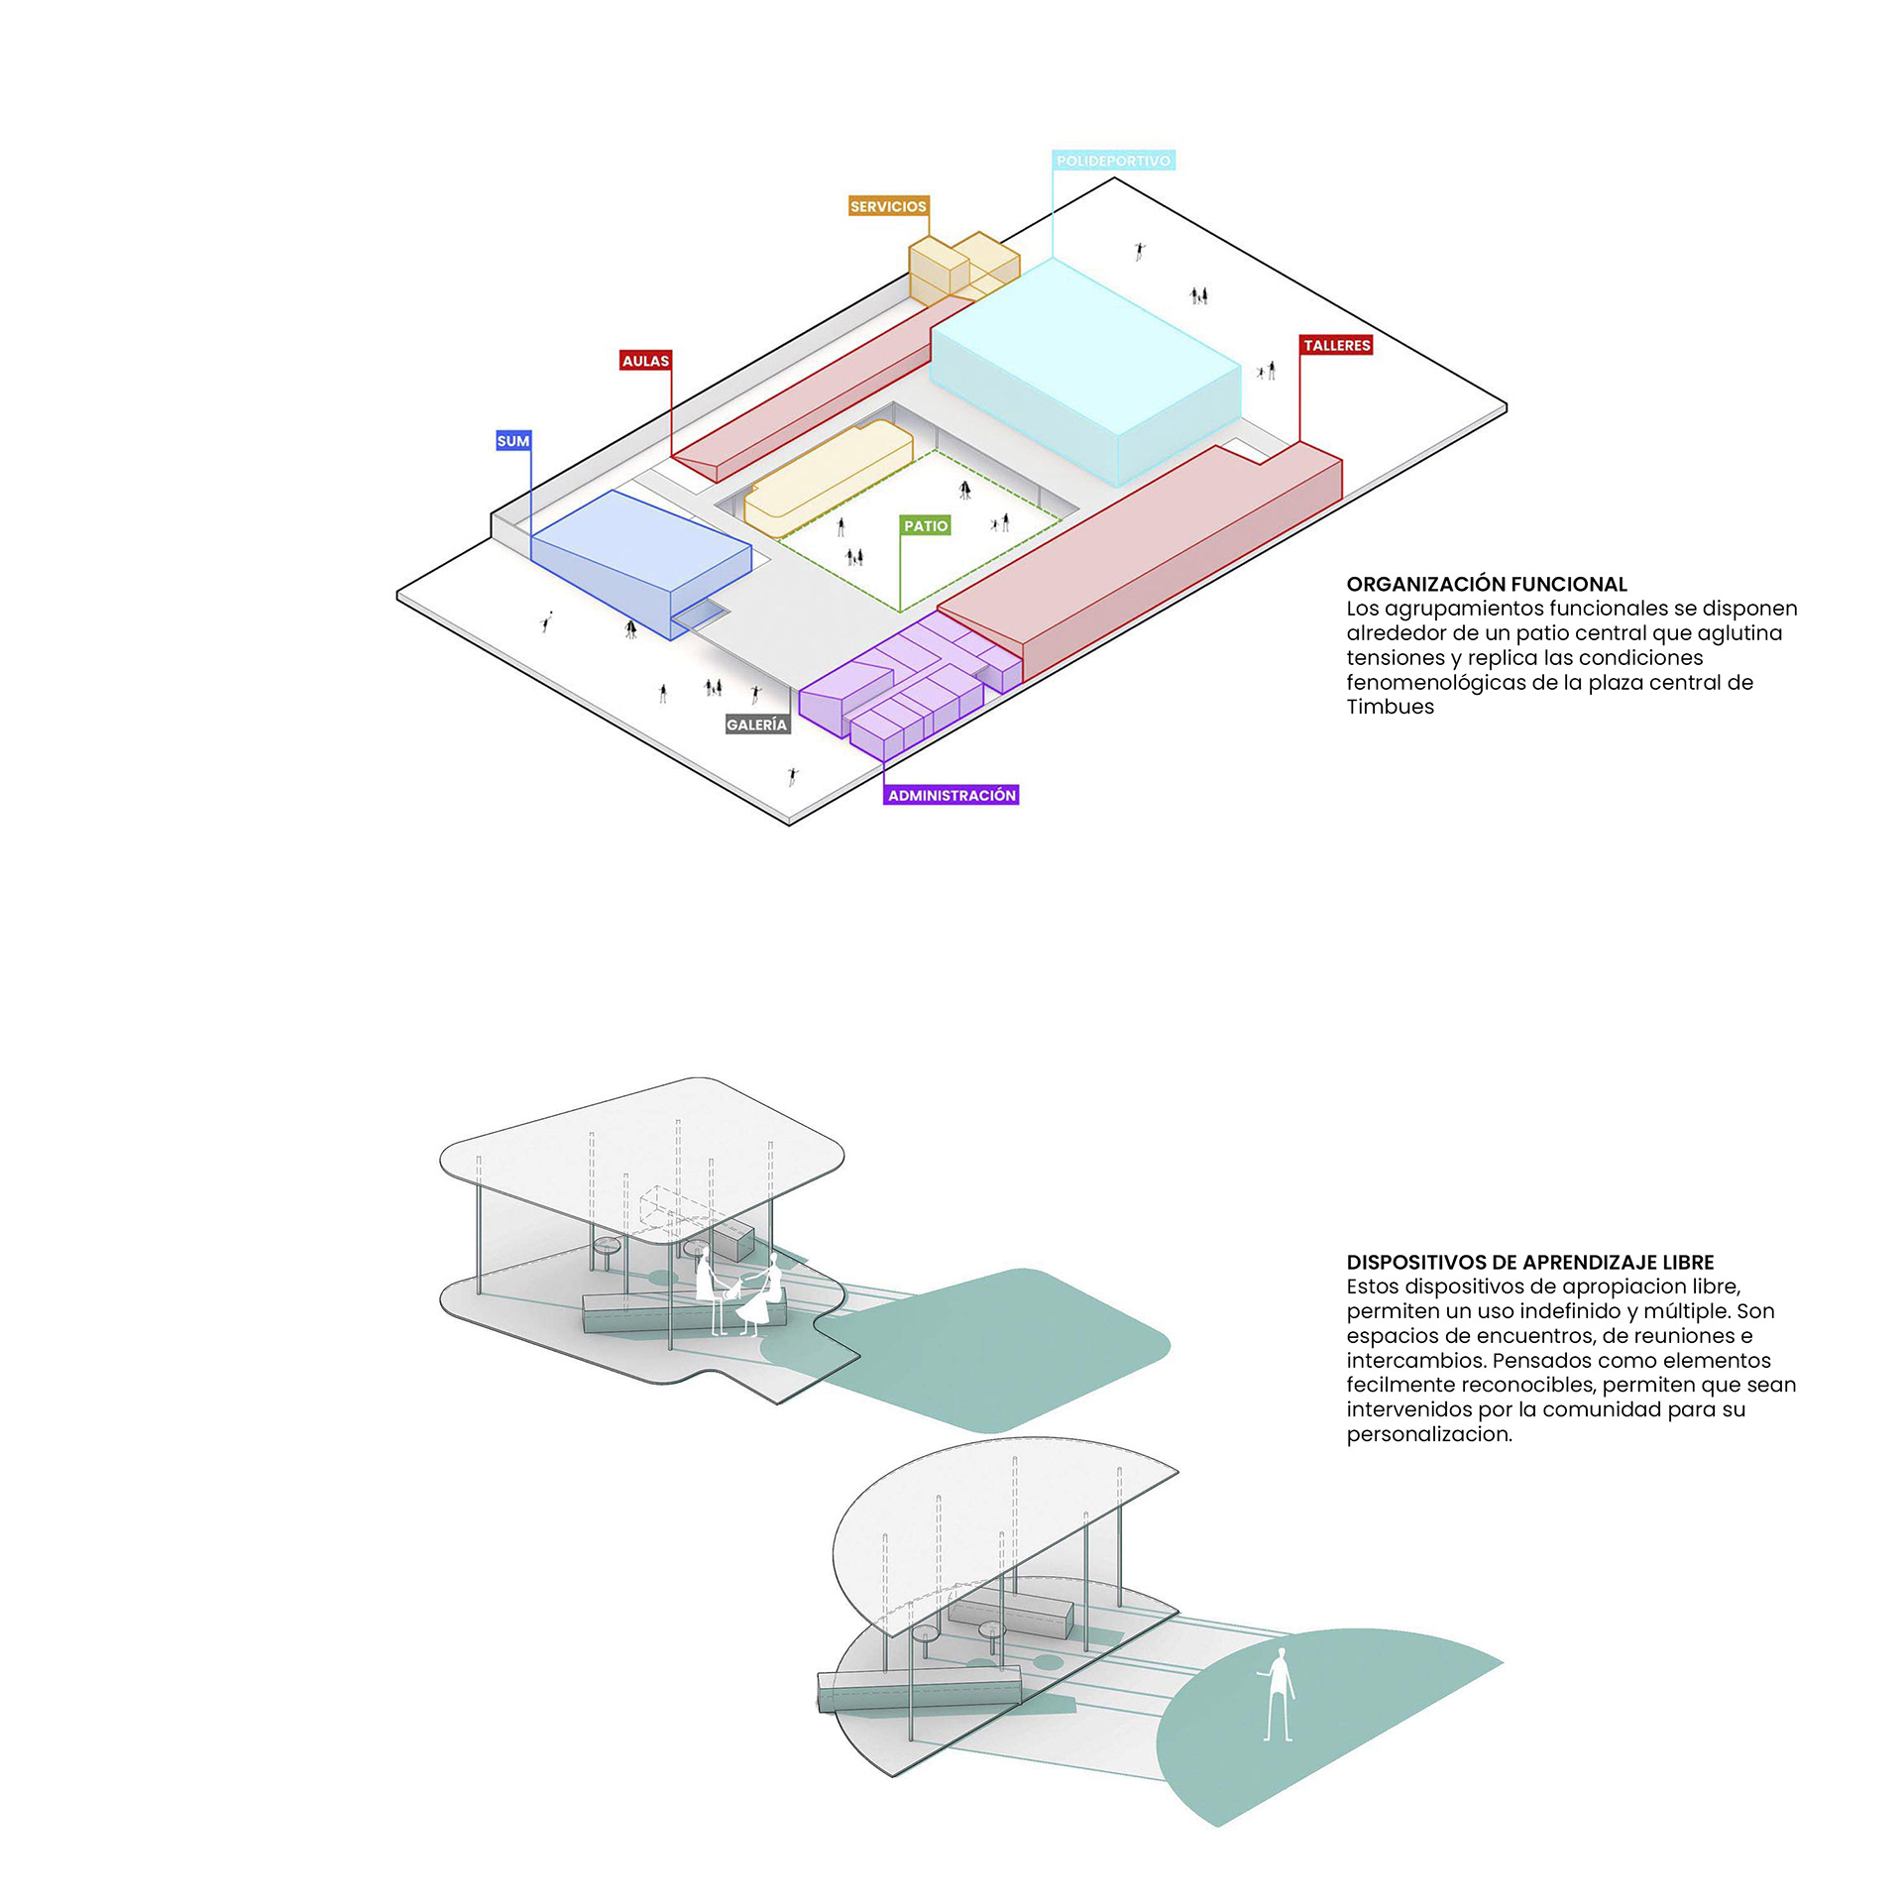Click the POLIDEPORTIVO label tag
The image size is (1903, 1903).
click(x=1113, y=161)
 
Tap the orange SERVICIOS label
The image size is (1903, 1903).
click(x=888, y=206)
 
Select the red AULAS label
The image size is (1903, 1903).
click(x=645, y=361)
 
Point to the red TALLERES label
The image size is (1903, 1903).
click(x=1336, y=345)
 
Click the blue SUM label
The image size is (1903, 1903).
click(x=512, y=441)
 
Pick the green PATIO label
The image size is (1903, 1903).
click(x=926, y=525)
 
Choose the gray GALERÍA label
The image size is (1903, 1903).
click(x=756, y=725)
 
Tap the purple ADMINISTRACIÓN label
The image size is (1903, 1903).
click(x=951, y=795)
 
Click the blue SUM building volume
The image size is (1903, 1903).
click(x=639, y=560)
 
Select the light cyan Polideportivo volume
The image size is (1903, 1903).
click(x=1085, y=372)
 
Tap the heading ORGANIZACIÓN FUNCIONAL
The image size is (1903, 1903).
click(x=1486, y=584)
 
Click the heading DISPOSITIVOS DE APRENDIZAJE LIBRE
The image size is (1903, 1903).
click(x=1529, y=1262)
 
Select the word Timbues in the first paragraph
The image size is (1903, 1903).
click(x=1390, y=707)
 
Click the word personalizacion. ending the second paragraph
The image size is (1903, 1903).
click(x=1428, y=1434)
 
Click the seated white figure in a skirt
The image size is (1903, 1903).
click(x=761, y=1293)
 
